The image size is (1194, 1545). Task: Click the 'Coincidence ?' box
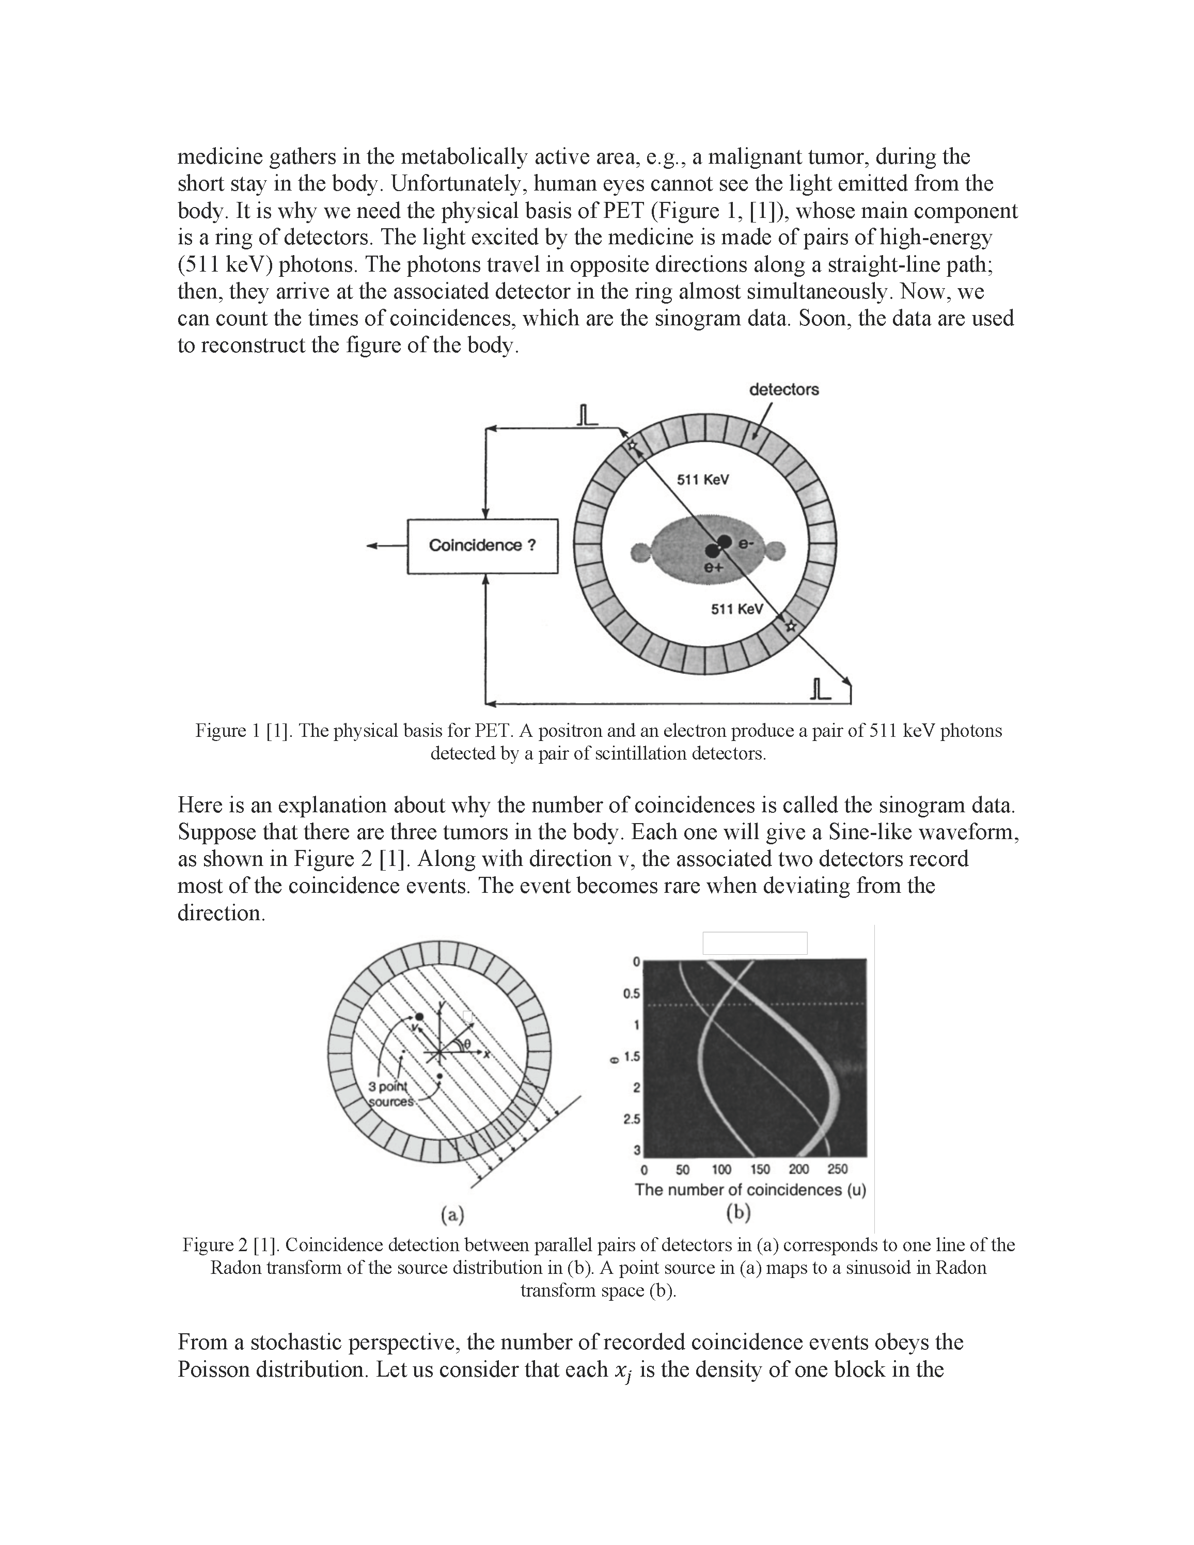point(482,545)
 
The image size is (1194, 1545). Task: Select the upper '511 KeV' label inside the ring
point(703,480)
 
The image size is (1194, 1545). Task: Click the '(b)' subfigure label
point(738,1212)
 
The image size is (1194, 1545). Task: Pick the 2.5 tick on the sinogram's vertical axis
point(632,1119)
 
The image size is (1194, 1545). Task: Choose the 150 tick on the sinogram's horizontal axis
point(760,1170)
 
